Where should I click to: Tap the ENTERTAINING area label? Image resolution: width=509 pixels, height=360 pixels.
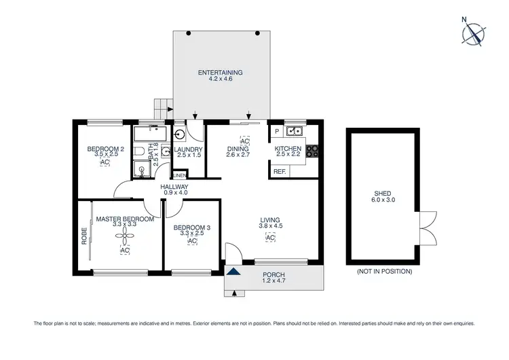click(220, 73)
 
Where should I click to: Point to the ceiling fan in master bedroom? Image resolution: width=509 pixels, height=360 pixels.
click(124, 235)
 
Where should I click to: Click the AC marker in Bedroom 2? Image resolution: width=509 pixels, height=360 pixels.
click(105, 163)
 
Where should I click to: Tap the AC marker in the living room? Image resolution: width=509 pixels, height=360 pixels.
click(269, 238)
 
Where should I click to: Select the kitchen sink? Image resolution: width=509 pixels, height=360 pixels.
click(295, 132)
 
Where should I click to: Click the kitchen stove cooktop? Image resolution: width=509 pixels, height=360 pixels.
click(313, 152)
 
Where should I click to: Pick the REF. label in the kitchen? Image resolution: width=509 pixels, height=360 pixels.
click(279, 172)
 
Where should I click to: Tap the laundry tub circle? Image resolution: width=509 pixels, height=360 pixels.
click(180, 134)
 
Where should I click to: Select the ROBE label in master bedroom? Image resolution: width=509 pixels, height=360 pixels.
click(85, 234)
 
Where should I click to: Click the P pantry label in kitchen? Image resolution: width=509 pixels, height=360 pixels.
click(277, 132)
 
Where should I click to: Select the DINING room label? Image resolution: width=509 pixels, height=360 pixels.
click(238, 149)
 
